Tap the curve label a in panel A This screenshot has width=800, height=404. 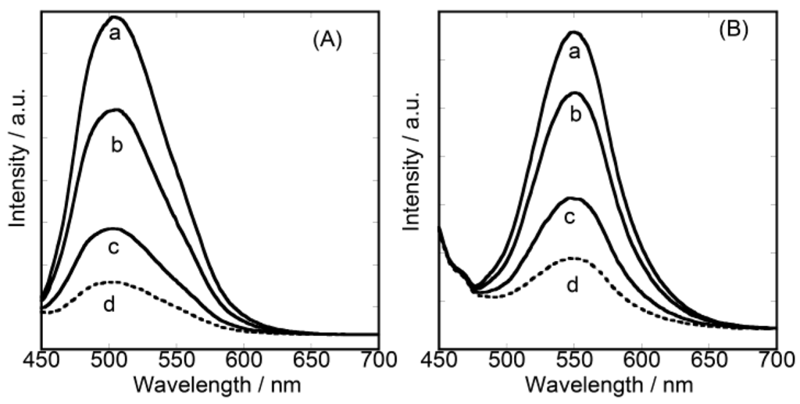pyautogui.click(x=114, y=35)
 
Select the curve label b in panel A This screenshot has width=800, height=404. pyautogui.click(x=116, y=145)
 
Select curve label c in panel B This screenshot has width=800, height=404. pyautogui.click(x=570, y=216)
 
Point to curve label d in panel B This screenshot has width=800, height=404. pyautogui.click(x=572, y=286)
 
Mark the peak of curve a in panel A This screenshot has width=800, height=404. pyautogui.click(x=115, y=16)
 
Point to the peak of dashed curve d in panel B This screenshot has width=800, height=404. pyautogui.click(x=573, y=257)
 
